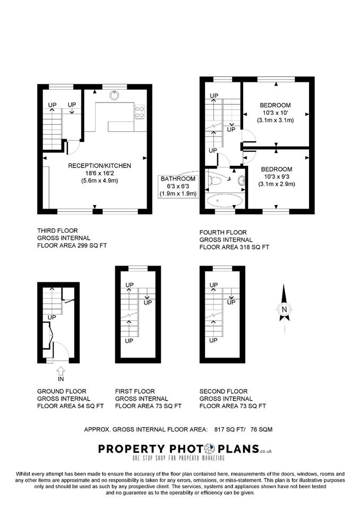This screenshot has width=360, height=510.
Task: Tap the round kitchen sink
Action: [114, 95]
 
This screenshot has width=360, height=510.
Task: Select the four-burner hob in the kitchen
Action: [140, 112]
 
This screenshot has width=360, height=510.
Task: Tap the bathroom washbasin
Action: [241, 181]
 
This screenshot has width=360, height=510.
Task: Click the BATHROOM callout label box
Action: [178, 186]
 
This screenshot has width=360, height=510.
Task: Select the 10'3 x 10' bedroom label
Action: [275, 113]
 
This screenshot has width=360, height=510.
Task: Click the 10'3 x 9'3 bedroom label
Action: [277, 176]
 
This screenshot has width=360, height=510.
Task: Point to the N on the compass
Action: [284, 310]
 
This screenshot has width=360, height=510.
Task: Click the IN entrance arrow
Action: [61, 373]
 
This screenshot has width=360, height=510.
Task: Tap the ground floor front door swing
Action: [61, 351]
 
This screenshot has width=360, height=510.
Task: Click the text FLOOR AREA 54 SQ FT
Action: [71, 406]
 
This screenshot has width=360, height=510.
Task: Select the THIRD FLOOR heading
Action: [57, 231]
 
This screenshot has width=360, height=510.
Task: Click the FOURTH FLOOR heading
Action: [223, 233]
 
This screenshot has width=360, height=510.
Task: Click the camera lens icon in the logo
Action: [209, 449]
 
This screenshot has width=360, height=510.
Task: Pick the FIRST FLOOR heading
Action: [135, 392]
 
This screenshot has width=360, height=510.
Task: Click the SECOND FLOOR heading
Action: [224, 392]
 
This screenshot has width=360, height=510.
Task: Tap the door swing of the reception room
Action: [73, 147]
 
